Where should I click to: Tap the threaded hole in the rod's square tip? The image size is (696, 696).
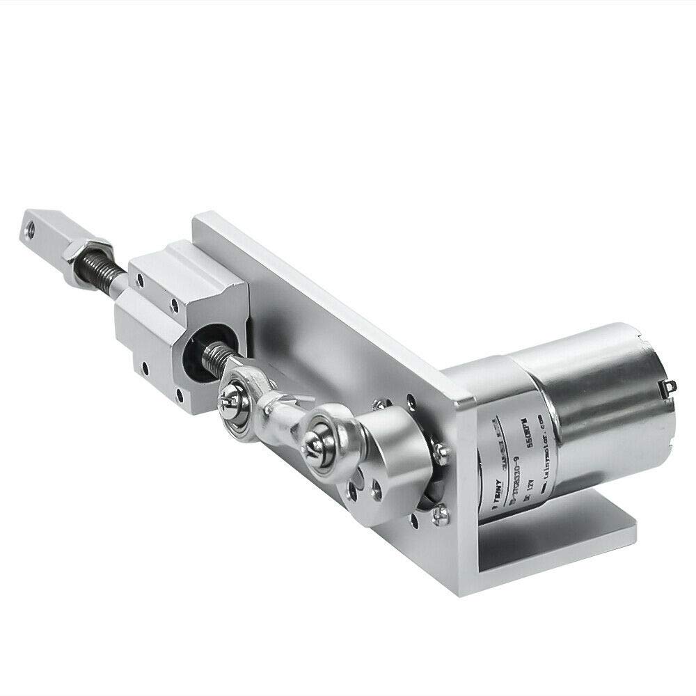(30, 227)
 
